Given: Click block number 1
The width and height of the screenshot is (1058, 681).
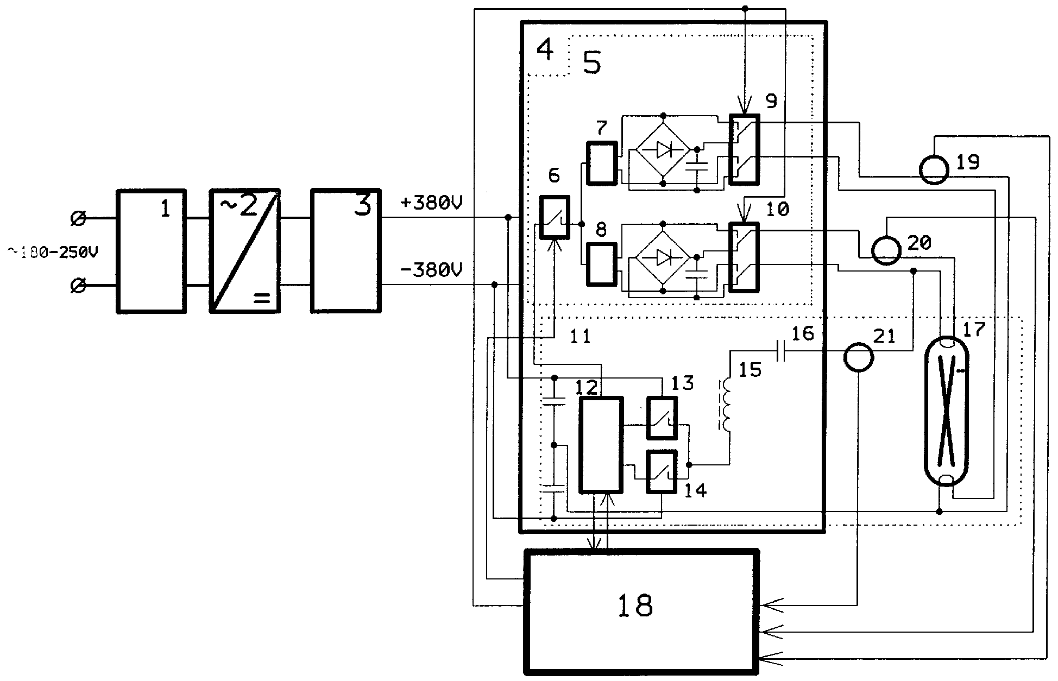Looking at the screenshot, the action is click(x=152, y=251).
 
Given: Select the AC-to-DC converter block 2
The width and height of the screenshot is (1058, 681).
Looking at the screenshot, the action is click(x=245, y=251).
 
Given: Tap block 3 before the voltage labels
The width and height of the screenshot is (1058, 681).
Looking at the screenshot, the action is click(x=346, y=251).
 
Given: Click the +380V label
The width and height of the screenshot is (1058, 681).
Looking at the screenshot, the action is click(x=431, y=204).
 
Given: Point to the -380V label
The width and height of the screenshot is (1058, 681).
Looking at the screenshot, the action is click(x=431, y=270).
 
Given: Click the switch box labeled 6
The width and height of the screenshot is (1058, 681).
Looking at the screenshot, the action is click(x=554, y=217).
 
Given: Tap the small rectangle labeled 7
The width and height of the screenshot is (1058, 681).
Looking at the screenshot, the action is click(x=602, y=163).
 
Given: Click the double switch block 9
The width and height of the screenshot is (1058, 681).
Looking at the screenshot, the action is click(x=744, y=150).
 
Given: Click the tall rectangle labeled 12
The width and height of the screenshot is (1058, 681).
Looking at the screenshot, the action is click(x=601, y=445).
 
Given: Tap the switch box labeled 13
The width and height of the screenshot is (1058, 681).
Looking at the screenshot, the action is click(x=662, y=418).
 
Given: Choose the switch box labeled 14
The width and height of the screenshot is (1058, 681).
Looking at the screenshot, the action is click(x=662, y=472).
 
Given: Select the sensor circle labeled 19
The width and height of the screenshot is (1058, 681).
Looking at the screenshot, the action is click(x=934, y=170).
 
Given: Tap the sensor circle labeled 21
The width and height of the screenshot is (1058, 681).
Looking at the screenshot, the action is click(x=859, y=358).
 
